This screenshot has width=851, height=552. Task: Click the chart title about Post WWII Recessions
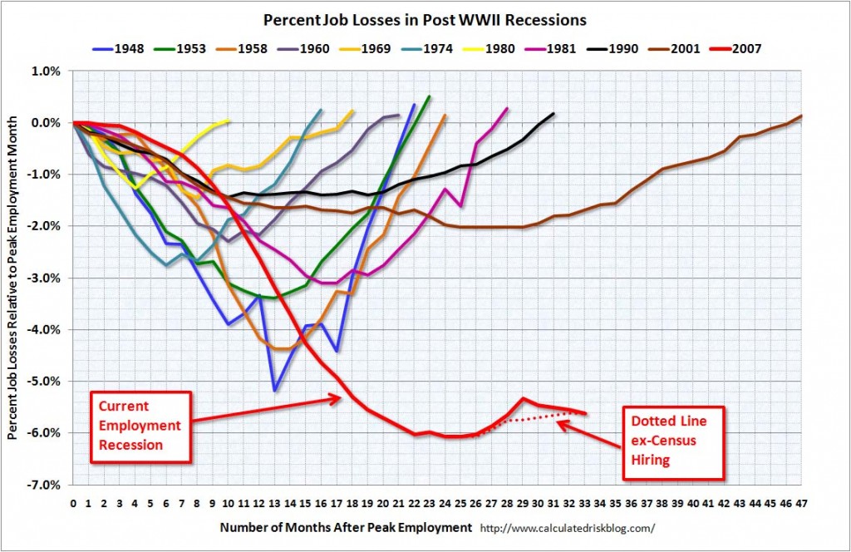tap(425, 18)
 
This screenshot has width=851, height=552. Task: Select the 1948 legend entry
tap(121, 48)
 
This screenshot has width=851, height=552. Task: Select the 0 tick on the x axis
tap(73, 504)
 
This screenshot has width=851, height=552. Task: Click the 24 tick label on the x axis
tap(445, 504)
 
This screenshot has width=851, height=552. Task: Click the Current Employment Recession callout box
tap(139, 425)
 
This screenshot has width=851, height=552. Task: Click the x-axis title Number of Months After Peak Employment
tap(346, 527)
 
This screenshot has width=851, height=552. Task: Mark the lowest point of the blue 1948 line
tap(275, 390)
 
